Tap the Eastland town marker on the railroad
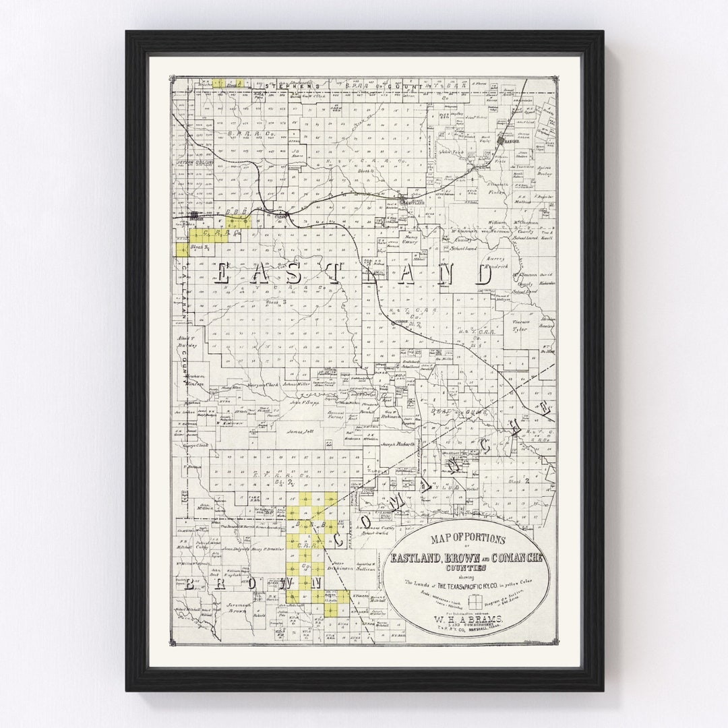coord(404,199)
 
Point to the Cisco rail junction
coord(286,214)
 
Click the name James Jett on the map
coord(300,431)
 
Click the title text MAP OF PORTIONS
coord(469,539)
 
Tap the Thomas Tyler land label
coord(519,326)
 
